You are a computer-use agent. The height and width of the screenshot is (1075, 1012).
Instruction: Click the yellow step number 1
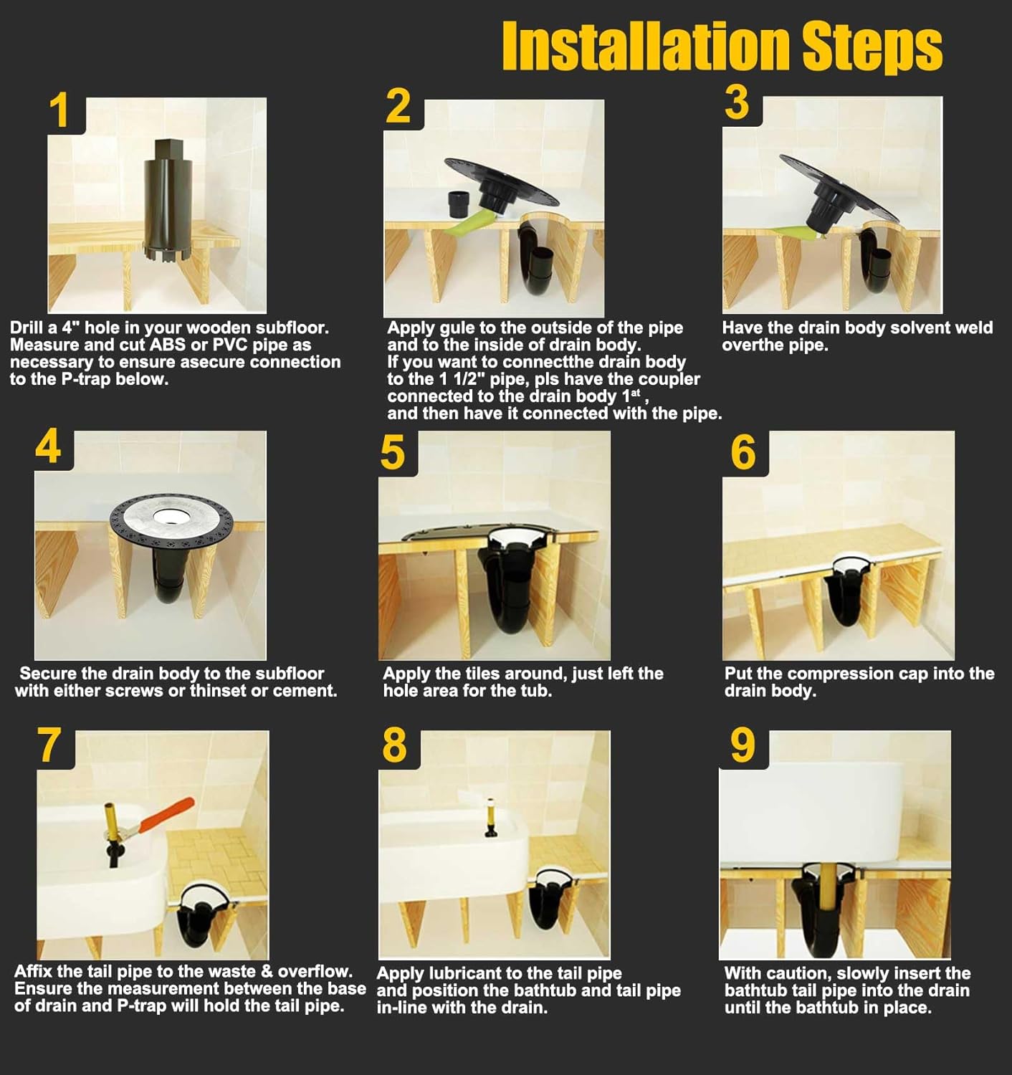[x=59, y=111]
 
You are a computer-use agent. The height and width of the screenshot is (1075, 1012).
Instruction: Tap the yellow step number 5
[x=392, y=453]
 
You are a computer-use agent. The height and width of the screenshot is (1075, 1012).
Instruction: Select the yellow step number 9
[x=743, y=746]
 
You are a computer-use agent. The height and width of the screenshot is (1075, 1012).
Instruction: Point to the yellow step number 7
[x=49, y=745]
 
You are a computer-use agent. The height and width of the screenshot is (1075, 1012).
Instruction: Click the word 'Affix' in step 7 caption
[x=33, y=972]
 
